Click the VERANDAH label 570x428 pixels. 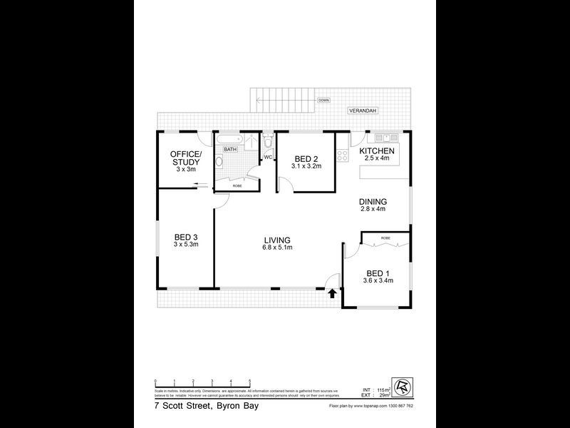pyautogui.click(x=362, y=111)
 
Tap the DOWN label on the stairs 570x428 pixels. pyautogui.click(x=323, y=101)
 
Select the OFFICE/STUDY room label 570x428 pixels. pyautogui.click(x=185, y=158)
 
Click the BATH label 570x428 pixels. pyautogui.click(x=230, y=149)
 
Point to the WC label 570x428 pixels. pyautogui.click(x=268, y=157)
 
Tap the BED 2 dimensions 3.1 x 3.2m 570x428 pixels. pyautogui.click(x=306, y=166)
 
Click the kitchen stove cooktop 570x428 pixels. pyautogui.click(x=342, y=154)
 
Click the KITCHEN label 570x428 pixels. pyautogui.click(x=377, y=152)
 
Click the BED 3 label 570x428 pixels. pyautogui.click(x=185, y=237)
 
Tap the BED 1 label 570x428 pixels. pyautogui.click(x=377, y=272)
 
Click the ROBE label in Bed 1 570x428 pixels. pyautogui.click(x=385, y=237)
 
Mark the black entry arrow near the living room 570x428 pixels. pyautogui.click(x=331, y=292)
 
